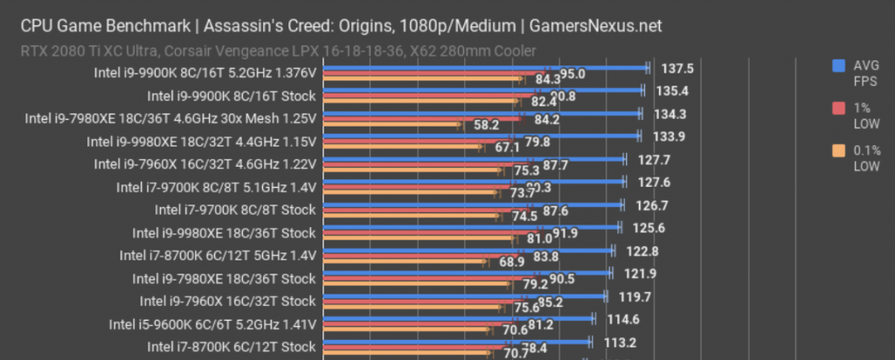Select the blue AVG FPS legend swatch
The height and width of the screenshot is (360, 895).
click(x=838, y=65)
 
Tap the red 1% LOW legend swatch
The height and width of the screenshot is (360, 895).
click(x=838, y=108)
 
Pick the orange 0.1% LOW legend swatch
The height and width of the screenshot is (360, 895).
click(x=838, y=152)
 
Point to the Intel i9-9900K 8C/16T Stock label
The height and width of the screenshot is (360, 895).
click(x=231, y=95)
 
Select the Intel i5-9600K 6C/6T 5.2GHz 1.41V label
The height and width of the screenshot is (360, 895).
click(x=212, y=324)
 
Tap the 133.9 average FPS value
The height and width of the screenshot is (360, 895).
click(x=670, y=136)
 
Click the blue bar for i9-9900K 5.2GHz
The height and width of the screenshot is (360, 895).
click(x=485, y=66)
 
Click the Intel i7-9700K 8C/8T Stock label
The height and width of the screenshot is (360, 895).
click(x=235, y=210)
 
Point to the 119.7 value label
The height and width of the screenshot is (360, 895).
click(x=636, y=296)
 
